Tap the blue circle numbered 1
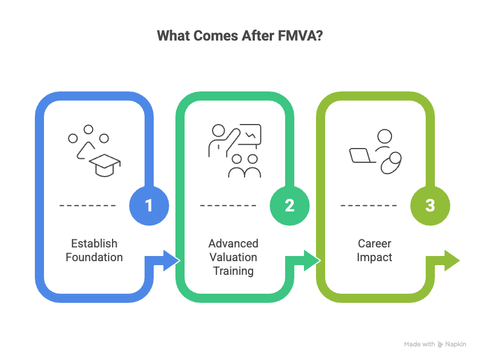pyautogui.click(x=149, y=205)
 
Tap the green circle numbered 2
pyautogui.click(x=289, y=205)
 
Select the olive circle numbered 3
pyautogui.click(x=430, y=205)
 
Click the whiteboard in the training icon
pyautogui.click(x=249, y=135)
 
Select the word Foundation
pyautogui.click(x=94, y=257)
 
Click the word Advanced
pyautogui.click(x=233, y=243)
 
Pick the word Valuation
pyautogui.click(x=233, y=257)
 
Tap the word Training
pyautogui.click(x=233, y=271)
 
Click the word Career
pyautogui.click(x=374, y=243)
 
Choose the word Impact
pyautogui.click(x=374, y=257)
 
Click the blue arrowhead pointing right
pyautogui.click(x=170, y=261)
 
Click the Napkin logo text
pyautogui.click(x=456, y=345)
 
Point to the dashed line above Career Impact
pyautogui.click(x=368, y=205)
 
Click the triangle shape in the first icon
pyautogui.click(x=82, y=151)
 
